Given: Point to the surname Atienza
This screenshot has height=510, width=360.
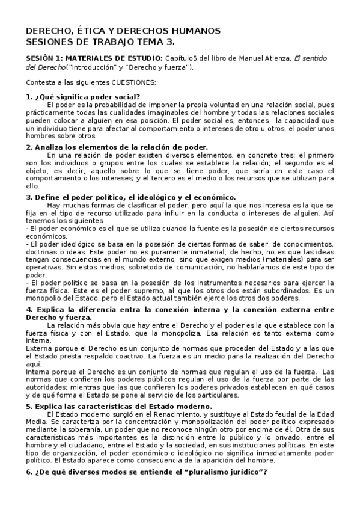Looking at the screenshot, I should click(276, 58).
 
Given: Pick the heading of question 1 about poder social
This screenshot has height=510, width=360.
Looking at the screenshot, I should click(84, 96).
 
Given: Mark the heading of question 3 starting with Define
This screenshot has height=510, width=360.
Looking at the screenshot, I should click(131, 197).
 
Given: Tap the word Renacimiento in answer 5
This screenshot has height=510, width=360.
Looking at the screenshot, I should click(178, 414).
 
